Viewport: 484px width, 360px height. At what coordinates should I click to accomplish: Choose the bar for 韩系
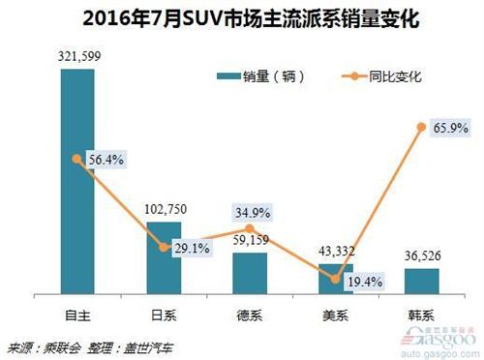[422, 281]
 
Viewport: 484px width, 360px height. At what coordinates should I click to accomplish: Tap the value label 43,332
[336, 251]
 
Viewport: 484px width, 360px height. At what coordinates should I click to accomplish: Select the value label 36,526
[422, 256]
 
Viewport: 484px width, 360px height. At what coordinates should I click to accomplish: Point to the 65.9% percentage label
[448, 126]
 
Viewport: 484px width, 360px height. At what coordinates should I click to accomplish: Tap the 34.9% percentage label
[250, 211]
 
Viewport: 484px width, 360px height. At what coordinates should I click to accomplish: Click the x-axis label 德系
[250, 315]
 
